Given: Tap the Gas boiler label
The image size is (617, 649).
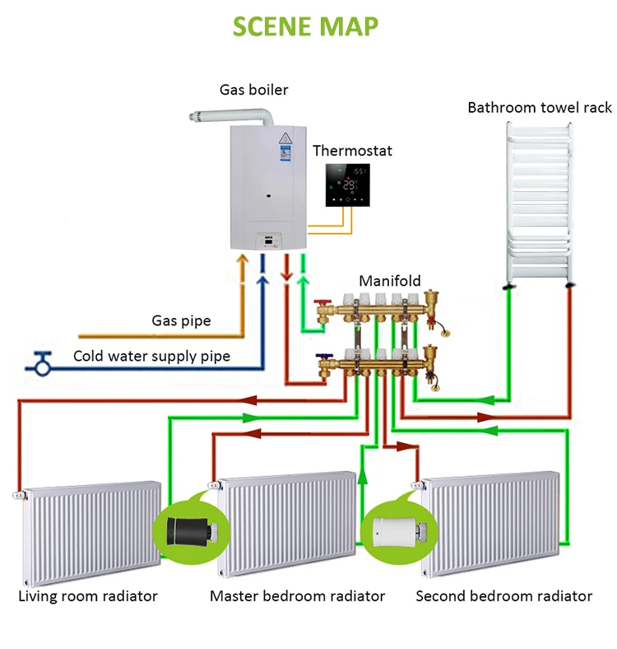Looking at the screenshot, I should click(253, 89).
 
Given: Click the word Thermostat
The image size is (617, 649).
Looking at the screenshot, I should click(352, 151).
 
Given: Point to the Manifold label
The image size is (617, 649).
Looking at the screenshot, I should click(389, 281).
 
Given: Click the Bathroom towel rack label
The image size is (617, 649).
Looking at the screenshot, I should click(540, 107).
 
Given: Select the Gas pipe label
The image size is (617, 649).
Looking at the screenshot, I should click(181, 320).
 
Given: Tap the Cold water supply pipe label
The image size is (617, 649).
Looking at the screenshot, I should click(151, 357).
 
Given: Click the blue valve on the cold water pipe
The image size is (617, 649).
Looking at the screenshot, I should click(39, 361).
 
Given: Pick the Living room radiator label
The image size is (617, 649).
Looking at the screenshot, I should click(88, 595).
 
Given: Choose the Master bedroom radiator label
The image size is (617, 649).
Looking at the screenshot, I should click(297, 595).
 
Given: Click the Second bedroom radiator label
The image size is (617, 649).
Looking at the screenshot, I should click(503, 595).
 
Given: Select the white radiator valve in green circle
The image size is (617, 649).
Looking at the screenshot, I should click(397, 528).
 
